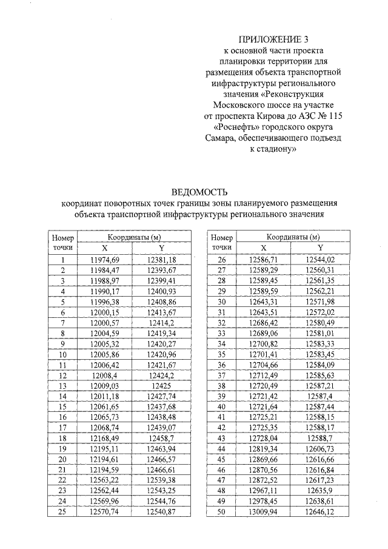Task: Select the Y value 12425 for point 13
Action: pos(161,385)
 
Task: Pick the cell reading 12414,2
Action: pos(161,323)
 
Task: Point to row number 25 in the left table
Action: pos(62,511)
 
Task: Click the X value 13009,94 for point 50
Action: pos(263,511)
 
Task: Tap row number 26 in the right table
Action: pos(221,260)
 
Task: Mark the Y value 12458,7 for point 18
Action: pos(161,438)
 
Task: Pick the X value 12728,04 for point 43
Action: pos(263,438)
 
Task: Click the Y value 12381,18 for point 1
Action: pos(161,260)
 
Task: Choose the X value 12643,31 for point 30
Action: pos(263,301)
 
